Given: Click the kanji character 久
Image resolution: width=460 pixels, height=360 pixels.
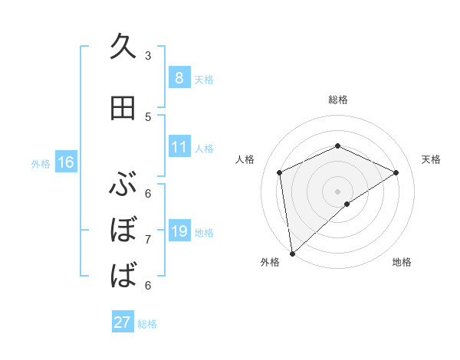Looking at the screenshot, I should coord(123,47).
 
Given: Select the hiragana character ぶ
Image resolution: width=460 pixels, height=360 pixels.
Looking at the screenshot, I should coord(123,185).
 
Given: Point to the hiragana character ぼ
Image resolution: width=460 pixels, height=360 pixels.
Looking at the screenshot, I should coord(123,230).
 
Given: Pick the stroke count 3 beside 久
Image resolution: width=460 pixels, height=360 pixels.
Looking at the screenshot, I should coord(148,56).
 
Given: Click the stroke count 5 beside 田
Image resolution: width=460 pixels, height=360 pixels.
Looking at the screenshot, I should coord(148,116).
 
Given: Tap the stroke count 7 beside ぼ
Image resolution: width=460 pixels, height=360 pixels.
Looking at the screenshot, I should coord(148,239).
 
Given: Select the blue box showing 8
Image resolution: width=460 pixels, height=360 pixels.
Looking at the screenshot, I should coord(179,78).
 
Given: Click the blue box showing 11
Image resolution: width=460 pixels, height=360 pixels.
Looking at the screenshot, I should coord(179,147).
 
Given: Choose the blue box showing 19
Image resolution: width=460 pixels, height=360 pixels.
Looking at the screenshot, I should coord(179,231).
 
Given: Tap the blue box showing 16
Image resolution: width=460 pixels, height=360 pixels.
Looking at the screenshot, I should coord(65,162).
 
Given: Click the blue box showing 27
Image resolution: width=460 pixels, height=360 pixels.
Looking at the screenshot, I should coord(123,322).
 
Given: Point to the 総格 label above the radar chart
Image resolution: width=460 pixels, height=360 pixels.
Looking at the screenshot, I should coord(337,100).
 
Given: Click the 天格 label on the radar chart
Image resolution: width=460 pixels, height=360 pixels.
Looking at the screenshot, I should coord(431,159).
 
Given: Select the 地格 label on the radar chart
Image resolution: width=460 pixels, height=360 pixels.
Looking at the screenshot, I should coord(402,262).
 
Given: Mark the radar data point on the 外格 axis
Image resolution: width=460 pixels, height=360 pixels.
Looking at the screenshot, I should coord(292,253).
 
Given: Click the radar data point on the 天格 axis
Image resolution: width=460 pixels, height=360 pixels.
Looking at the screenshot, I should coord(396,172).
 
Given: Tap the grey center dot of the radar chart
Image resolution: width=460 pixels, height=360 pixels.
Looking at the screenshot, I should coord(337,191).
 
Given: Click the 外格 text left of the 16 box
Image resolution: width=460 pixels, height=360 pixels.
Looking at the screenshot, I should coord(40,163).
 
